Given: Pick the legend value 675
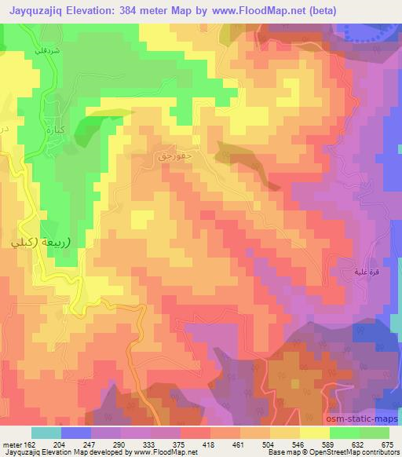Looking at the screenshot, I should [x=384, y=444].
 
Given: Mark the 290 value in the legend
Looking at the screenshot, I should [x=119, y=444].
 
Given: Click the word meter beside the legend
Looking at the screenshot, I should [x=11, y=444].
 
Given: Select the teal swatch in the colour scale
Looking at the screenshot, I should [x=46, y=433].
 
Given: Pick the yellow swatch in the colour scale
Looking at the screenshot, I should [x=313, y=433].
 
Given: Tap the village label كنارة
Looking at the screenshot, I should [x=54, y=126].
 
